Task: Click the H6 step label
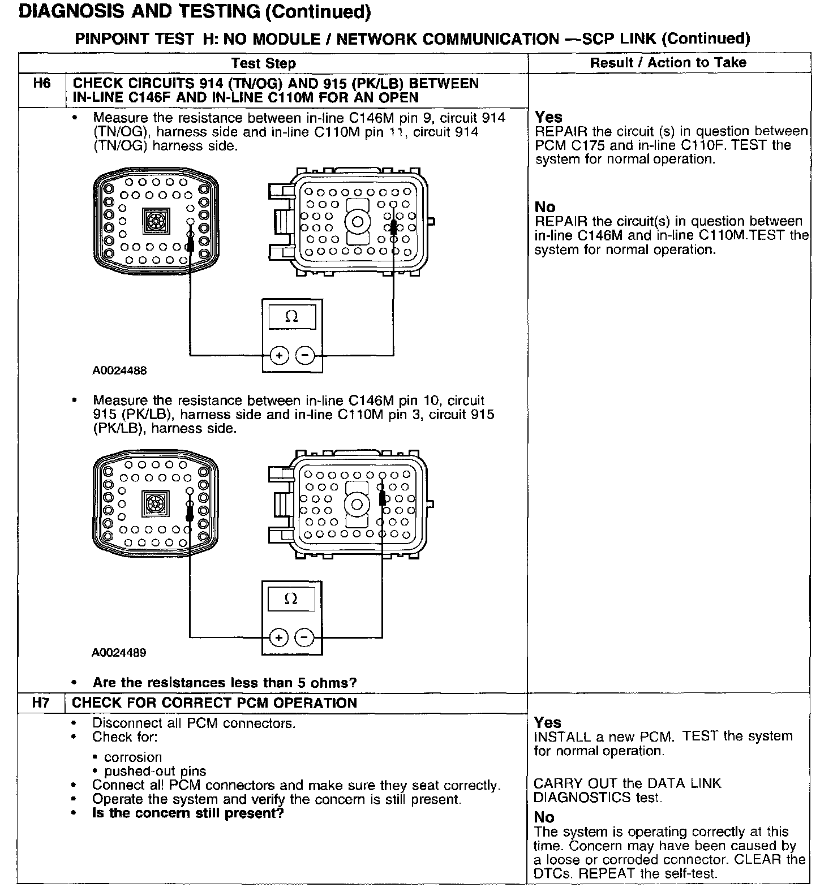tap(42, 84)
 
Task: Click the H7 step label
tap(41, 703)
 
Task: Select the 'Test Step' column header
tap(264, 63)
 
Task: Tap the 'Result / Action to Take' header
tap(668, 62)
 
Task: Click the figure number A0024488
tap(119, 371)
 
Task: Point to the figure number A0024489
tap(119, 652)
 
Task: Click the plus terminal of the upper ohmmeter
tap(279, 355)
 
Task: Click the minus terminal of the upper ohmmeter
tap(305, 355)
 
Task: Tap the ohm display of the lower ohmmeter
tap(291, 599)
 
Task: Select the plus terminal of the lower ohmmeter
tap(278, 637)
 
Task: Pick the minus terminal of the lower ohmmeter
tap(304, 637)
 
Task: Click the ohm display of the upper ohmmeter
tap(292, 317)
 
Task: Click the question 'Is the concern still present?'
tap(188, 813)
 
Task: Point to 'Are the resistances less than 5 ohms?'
tap(225, 683)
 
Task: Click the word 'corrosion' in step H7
tap(133, 757)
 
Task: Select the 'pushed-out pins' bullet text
tap(155, 771)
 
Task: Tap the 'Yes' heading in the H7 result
tap(547, 722)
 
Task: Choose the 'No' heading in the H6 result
tap(545, 207)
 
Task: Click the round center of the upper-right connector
tap(358, 222)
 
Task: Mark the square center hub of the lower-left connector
tap(154, 503)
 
